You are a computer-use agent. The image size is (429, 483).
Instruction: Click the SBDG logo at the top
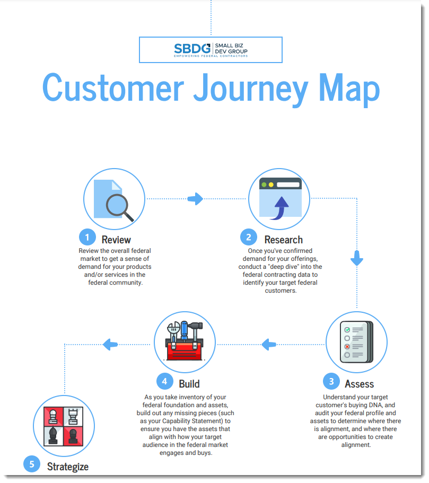point(211,50)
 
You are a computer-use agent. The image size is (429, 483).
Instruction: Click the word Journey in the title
point(250,88)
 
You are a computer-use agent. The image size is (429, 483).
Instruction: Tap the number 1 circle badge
point(87,237)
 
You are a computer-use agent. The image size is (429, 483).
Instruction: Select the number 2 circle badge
point(249,237)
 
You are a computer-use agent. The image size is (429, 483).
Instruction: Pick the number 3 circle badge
point(331,381)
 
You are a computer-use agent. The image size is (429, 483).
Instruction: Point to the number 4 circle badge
point(164,381)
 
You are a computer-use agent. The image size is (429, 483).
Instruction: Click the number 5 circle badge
point(32,464)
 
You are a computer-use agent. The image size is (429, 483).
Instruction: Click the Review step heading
point(116,240)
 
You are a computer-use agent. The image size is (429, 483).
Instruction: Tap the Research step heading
point(284,240)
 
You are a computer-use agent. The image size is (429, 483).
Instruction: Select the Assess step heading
point(360,384)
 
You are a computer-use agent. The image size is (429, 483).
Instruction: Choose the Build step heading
point(189,384)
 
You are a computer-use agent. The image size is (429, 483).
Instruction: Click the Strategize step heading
point(68,467)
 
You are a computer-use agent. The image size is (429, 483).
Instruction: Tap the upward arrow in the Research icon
point(280,208)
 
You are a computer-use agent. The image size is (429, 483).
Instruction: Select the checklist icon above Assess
point(356,342)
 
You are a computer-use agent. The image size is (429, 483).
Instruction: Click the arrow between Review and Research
point(195,199)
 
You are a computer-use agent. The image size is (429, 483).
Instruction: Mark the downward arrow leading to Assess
point(357,258)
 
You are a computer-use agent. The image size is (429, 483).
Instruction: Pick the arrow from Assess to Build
point(269,345)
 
